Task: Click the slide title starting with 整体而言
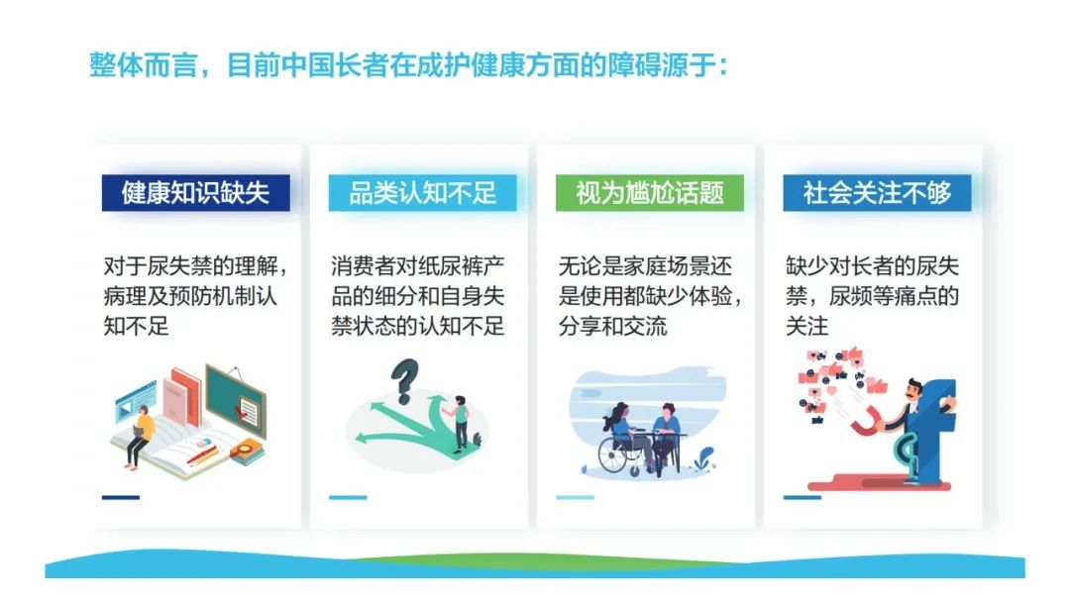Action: (x=409, y=66)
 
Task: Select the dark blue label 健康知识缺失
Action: (x=196, y=192)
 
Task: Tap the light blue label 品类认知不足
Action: (x=422, y=192)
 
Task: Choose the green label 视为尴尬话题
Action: (x=650, y=192)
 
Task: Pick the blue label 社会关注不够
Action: (x=877, y=192)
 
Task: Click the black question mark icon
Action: (x=403, y=380)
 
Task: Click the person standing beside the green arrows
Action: (x=460, y=423)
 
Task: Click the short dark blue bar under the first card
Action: (x=121, y=497)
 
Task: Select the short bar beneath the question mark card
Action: (x=348, y=497)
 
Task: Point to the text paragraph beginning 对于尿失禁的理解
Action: (x=196, y=296)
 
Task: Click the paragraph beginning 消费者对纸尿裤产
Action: (x=418, y=296)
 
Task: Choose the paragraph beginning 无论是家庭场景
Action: (x=650, y=296)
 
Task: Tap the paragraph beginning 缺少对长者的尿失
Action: (x=872, y=296)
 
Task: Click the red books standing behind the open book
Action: (x=180, y=398)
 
